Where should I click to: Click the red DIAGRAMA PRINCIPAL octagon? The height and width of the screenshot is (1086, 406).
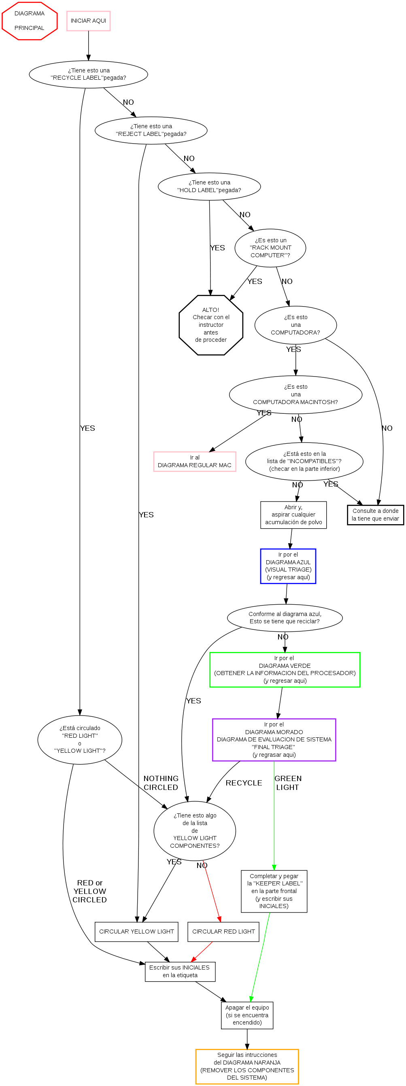29,21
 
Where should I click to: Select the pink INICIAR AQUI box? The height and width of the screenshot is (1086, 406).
88,21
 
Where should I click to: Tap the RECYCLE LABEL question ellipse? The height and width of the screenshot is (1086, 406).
88,74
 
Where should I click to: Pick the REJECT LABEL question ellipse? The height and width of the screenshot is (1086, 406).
151,130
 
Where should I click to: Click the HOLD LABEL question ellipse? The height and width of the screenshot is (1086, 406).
209,186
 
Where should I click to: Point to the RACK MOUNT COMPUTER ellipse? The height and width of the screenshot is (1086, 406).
270,248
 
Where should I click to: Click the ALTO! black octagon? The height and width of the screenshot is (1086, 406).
210,325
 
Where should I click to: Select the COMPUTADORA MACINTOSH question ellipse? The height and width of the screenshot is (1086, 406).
295,394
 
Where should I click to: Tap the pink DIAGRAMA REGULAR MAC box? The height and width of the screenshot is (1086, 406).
195,461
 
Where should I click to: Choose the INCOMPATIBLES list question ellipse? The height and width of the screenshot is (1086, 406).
304,461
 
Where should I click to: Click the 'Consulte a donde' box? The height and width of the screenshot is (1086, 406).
375,515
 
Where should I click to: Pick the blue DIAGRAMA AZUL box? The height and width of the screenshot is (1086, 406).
288,566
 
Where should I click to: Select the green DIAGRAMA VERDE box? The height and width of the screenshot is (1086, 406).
285,669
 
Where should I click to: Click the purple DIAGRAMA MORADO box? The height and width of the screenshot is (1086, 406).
274,739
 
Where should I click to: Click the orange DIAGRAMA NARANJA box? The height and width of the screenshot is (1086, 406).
247,1066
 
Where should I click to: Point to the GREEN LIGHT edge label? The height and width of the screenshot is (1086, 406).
288,783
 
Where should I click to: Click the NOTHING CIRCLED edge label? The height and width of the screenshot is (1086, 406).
161,783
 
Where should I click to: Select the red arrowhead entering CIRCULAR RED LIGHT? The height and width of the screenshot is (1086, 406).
219,919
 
